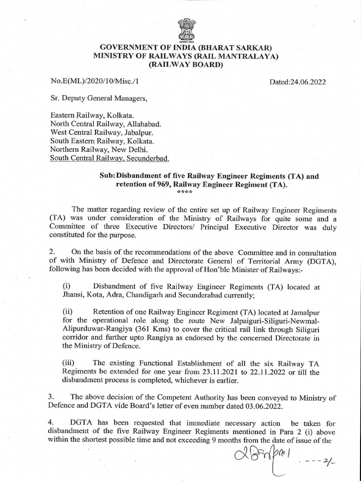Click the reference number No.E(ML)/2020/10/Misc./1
95,81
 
